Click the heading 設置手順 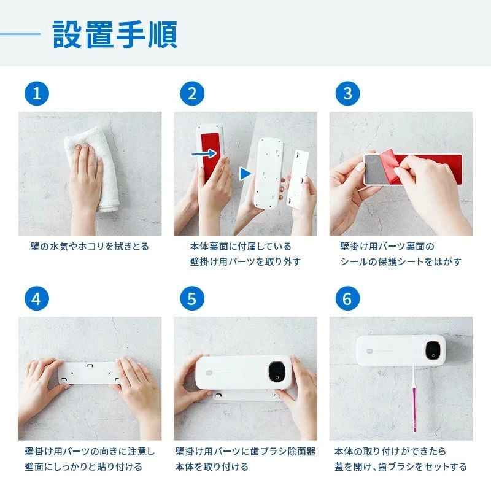(115, 34)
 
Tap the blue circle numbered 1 (37, 93)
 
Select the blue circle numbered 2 (192, 93)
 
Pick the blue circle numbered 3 (347, 93)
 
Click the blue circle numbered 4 (37, 298)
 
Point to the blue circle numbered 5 (192, 298)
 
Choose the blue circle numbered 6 (347, 298)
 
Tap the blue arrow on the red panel (204, 153)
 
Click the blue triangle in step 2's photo (245, 174)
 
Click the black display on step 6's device (433, 350)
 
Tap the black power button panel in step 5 (277, 372)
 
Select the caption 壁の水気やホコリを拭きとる (90, 247)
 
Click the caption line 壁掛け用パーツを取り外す (245, 261)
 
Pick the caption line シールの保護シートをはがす (401, 261)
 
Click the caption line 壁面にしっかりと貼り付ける (83, 466)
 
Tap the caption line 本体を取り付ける (212, 466)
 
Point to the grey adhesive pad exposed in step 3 (376, 169)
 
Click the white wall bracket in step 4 (88, 373)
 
